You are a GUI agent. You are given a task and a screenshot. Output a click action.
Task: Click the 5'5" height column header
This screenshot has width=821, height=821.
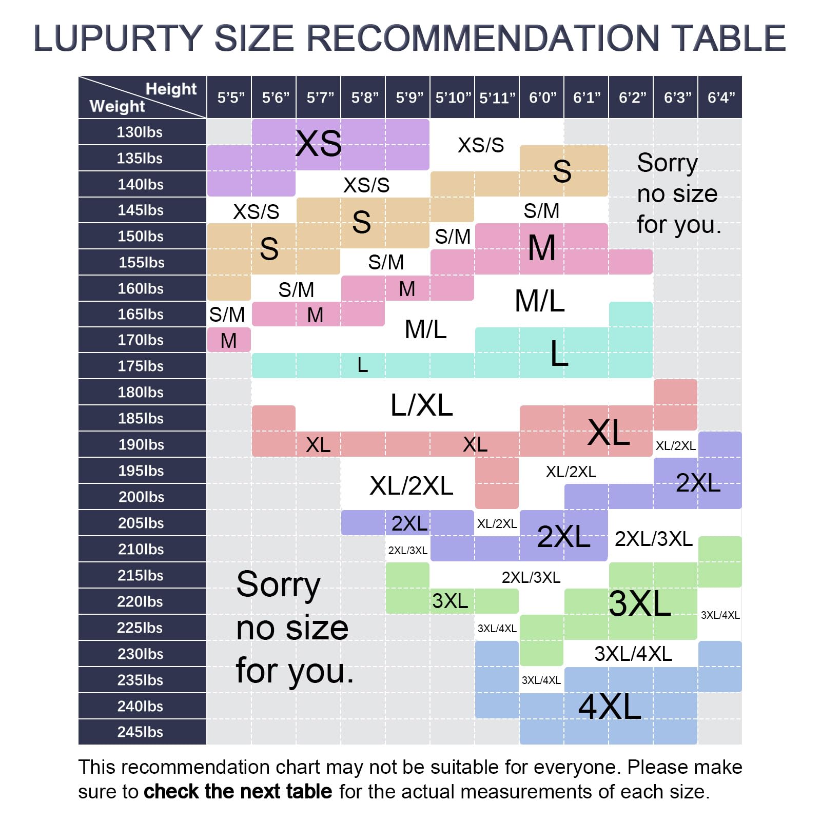[x=230, y=97]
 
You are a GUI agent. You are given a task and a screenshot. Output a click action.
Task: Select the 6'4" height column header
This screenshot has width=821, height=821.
[x=721, y=97]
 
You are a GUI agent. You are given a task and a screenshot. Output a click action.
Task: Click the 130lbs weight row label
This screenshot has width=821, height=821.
[x=140, y=132]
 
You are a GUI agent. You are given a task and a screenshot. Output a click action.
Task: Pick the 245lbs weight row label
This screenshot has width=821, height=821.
[x=140, y=732]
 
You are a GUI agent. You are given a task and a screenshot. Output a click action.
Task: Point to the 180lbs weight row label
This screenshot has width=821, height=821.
[x=141, y=393]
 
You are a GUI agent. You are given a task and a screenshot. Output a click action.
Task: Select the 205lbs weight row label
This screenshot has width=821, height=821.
[x=141, y=523]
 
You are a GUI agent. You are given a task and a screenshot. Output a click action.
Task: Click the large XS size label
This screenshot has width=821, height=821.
[x=319, y=144]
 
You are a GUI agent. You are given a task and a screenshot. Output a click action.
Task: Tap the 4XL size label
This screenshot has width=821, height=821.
[x=610, y=707]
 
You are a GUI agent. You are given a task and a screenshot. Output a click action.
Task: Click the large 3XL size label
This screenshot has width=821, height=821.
[x=640, y=603]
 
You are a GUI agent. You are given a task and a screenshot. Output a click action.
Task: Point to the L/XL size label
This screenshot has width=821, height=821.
[x=421, y=405]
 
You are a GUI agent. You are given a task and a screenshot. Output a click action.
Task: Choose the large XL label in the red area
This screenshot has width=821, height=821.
[x=609, y=433]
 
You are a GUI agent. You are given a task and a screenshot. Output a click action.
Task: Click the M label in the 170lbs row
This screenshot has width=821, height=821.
[x=228, y=341]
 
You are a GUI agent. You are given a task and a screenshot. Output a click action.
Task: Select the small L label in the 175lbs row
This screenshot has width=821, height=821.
[x=362, y=365]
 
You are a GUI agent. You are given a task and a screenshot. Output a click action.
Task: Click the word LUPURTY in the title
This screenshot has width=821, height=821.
[x=118, y=38]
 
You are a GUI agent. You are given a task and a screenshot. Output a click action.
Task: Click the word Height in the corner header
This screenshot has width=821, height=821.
[x=171, y=89]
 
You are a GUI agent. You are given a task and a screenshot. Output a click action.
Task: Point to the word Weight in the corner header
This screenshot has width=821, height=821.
[x=117, y=106]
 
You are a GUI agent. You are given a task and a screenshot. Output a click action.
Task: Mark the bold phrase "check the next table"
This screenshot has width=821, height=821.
[x=238, y=792]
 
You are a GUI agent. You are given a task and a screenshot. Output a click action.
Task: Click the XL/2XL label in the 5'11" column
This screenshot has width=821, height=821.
[x=497, y=524]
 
